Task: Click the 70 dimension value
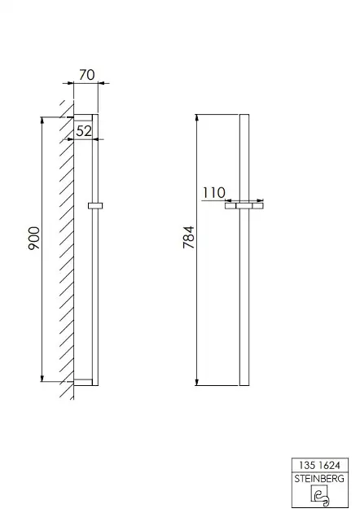click(x=86, y=75)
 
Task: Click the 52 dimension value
click(x=84, y=131)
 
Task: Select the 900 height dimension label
click(x=34, y=238)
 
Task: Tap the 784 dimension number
click(x=189, y=237)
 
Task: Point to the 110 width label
click(x=213, y=193)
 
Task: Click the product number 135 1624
click(x=319, y=465)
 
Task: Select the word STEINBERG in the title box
click(x=319, y=479)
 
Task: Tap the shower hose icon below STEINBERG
click(x=320, y=495)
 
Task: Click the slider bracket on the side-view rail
click(x=95, y=205)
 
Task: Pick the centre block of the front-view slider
click(x=244, y=206)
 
